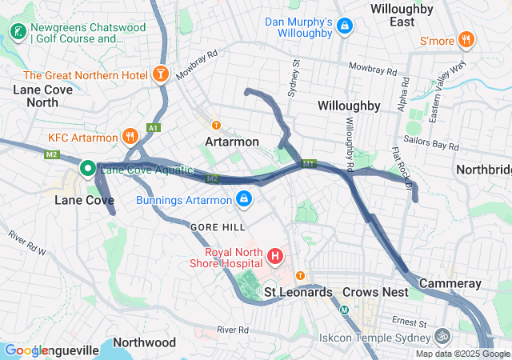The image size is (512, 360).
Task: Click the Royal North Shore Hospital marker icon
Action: (275, 256)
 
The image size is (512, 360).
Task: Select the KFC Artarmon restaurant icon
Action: (128, 136)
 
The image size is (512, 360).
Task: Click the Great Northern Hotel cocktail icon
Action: (161, 74)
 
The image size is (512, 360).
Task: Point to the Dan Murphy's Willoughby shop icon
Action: (344, 25)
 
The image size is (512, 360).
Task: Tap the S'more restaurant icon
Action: (466, 40)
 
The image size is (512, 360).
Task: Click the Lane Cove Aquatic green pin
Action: (88, 169)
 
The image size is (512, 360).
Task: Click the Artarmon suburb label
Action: (231, 142)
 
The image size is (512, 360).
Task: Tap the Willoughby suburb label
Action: (349, 106)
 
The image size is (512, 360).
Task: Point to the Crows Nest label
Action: (375, 293)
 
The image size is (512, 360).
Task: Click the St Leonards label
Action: (298, 293)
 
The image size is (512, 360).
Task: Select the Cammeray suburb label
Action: (450, 284)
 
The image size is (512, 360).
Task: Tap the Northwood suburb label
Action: (144, 342)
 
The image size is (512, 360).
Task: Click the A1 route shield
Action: (153, 128)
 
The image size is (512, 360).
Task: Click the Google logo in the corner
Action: (27, 350)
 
